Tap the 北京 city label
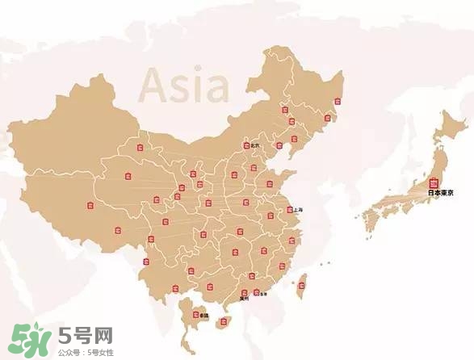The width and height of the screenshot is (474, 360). click(255, 145)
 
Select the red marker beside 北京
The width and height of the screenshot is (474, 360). click(246, 146)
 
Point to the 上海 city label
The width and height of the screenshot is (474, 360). click(297, 209)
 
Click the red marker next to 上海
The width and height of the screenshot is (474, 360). click(288, 210)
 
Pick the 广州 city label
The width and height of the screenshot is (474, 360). click(244, 299)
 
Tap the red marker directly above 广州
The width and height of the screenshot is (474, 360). click(243, 291)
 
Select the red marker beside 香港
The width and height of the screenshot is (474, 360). click(256, 292)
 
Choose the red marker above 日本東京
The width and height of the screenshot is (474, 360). click(434, 182)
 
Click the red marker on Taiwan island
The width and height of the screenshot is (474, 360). click(304, 283)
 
